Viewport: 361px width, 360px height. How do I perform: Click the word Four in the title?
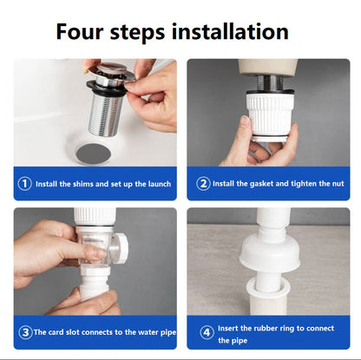pyautogui.click(x=82, y=32)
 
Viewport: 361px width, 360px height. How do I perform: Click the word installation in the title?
pyautogui.click(x=234, y=32)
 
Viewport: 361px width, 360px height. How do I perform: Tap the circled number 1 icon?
pyautogui.click(x=25, y=183)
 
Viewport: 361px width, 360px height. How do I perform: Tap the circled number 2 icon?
pyautogui.click(x=203, y=183)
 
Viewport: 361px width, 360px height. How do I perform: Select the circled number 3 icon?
pyautogui.click(x=24, y=331)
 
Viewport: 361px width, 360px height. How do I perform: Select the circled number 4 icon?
pyautogui.click(x=207, y=331)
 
